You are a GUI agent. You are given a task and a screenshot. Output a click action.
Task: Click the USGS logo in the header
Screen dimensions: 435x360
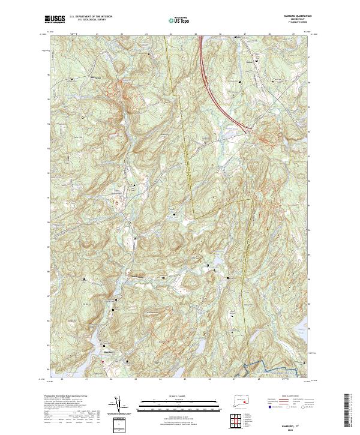point(55,20)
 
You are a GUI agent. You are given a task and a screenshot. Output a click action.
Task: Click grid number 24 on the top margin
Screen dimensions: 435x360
point(171,35)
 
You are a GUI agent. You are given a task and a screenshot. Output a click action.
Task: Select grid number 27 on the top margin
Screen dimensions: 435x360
point(245,35)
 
